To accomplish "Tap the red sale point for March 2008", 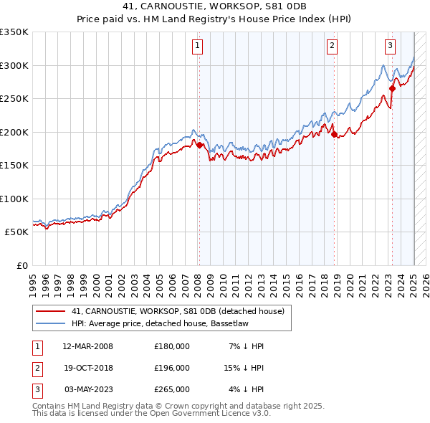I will tap(199, 145).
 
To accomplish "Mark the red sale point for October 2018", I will tap(334, 134).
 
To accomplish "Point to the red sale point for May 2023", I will tap(392, 88).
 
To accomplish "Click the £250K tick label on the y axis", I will tap(14, 99).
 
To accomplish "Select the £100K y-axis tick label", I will tap(14, 199).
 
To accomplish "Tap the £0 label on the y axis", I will tap(21, 265).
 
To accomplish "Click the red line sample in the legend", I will tap(49, 311).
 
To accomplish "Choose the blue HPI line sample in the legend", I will tap(49, 323).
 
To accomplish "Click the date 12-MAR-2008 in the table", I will tap(87, 346).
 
